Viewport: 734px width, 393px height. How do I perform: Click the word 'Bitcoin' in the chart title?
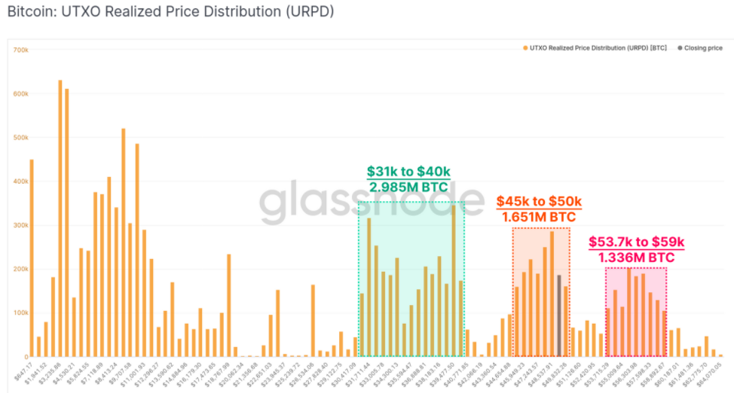29,12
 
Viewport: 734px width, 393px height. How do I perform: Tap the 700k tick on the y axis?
20,50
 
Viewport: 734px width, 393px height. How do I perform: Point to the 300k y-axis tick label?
20,225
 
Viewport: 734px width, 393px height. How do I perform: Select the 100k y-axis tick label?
20,312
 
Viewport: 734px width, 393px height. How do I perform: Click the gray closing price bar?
559,316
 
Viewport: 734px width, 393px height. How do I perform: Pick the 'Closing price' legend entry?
703,48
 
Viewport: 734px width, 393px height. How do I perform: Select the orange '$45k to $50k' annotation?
540,202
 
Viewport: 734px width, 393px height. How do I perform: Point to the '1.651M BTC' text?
540,217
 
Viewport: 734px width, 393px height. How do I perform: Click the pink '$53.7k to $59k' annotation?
636,242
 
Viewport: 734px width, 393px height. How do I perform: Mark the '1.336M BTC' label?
636,257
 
